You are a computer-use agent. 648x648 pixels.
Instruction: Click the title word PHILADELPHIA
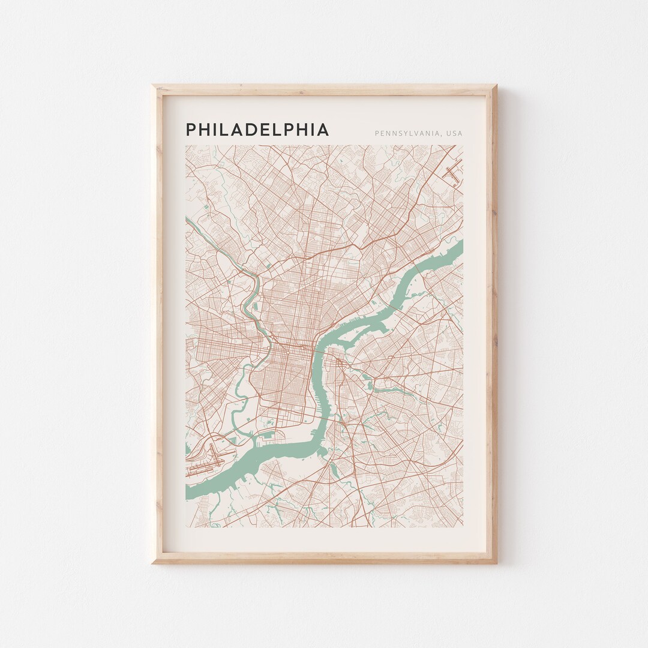257,130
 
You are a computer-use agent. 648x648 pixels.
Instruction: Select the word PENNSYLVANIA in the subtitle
407,133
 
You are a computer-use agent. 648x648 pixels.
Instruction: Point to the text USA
454,133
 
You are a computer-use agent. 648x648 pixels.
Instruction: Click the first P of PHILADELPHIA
191,130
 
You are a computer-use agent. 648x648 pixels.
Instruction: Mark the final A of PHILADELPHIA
323,130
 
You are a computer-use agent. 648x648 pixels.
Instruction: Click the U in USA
448,133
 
